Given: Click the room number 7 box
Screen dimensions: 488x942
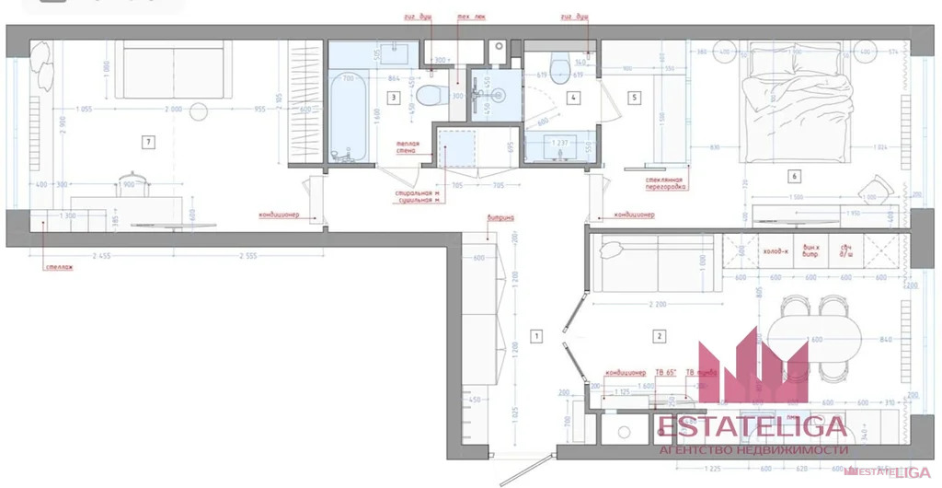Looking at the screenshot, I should [x=146, y=141].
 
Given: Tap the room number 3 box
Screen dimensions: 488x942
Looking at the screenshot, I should [x=393, y=96].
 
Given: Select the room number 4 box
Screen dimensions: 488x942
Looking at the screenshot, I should [x=573, y=96].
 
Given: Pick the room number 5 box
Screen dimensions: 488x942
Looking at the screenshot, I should [x=635, y=96].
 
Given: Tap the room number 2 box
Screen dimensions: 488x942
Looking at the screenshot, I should [x=659, y=335].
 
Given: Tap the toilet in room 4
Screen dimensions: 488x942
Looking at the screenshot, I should [x=557, y=77].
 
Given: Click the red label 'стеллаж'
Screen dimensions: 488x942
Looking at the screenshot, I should [x=58, y=268].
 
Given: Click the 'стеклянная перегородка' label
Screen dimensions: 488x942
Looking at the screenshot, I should [x=663, y=183].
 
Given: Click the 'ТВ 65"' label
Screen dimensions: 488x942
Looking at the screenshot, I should [x=665, y=372].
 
